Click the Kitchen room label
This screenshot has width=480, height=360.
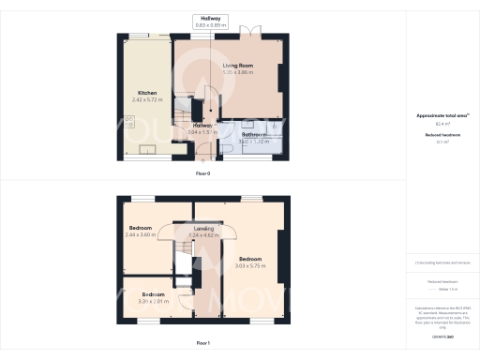[x=147, y=93]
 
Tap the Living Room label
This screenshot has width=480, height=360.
[x=238, y=65]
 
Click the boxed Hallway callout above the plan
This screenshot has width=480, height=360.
[x=206, y=21]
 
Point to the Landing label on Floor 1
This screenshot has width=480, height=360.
[x=203, y=228]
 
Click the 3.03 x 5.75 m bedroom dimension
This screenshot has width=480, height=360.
[x=252, y=266]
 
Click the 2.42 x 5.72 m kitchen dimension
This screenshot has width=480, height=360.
[x=147, y=99]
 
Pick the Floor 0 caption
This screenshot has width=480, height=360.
[x=202, y=174]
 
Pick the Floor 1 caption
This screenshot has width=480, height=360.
[x=202, y=343]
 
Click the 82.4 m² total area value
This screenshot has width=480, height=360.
[x=442, y=123]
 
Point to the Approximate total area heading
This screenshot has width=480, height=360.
[x=442, y=115]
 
